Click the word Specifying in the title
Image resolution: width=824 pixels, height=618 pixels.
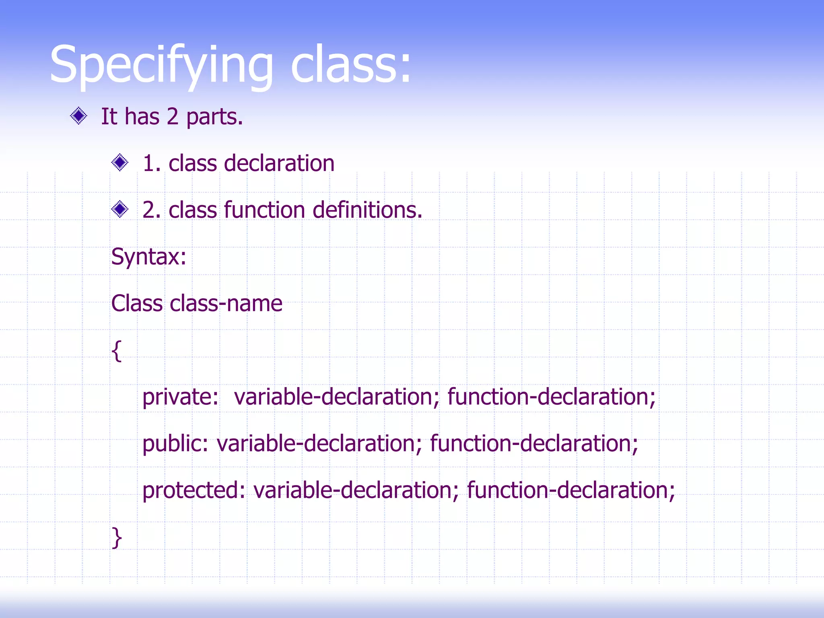pyautogui.click(x=161, y=64)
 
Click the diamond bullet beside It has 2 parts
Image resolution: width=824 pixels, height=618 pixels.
pyautogui.click(x=78, y=116)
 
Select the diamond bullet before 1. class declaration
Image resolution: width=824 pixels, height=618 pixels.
pyautogui.click(x=119, y=163)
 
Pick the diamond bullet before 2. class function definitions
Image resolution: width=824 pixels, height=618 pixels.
pyautogui.click(x=119, y=209)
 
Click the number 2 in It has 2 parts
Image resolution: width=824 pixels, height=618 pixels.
pyautogui.click(x=172, y=117)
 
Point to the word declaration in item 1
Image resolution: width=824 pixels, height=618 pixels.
pyautogui.click(x=279, y=163)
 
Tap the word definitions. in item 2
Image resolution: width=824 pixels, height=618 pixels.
pyautogui.click(x=367, y=210)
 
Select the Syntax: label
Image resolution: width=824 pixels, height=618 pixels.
pyautogui.click(x=148, y=257)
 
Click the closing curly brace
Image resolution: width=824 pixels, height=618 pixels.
pyautogui.click(x=116, y=538)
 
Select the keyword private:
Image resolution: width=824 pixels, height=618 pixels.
pyautogui.click(x=180, y=397)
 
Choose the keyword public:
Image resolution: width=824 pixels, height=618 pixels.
pyautogui.click(x=175, y=443)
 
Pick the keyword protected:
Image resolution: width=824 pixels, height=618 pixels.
pyautogui.click(x=194, y=490)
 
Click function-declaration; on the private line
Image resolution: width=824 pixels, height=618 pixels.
pyautogui.click(x=551, y=397)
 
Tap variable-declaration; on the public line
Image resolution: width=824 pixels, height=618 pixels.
pyautogui.click(x=319, y=443)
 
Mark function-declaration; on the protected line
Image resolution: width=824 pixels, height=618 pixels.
pyautogui.click(x=571, y=490)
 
